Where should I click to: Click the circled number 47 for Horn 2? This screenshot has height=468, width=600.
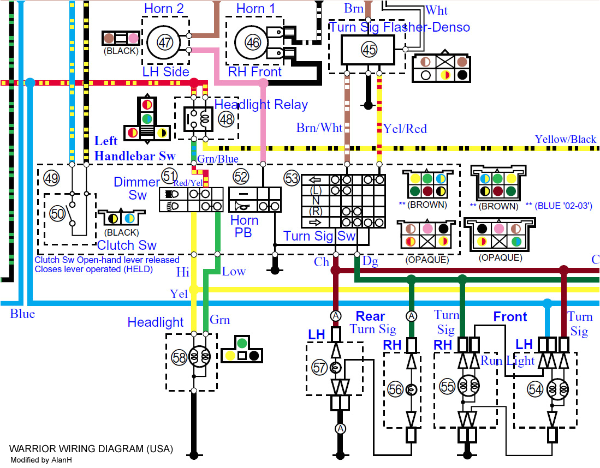(165, 42)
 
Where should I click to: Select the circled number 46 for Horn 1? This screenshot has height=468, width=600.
(252, 42)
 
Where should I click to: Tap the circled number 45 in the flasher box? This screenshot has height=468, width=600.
(369, 50)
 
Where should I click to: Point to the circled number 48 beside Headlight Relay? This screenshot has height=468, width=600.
(225, 118)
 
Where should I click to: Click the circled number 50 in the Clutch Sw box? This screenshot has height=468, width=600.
(57, 214)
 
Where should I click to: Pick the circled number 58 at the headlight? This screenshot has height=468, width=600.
(179, 357)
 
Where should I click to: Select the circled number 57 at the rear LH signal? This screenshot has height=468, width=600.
(320, 367)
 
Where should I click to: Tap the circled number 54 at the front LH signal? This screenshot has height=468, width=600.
(536, 388)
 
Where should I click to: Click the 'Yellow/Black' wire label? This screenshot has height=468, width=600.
(565, 139)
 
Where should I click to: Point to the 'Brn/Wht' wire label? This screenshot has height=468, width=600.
(319, 128)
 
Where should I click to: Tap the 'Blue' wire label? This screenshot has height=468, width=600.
(22, 314)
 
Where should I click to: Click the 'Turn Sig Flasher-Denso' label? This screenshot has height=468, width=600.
(400, 27)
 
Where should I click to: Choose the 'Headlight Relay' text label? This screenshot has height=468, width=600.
(261, 105)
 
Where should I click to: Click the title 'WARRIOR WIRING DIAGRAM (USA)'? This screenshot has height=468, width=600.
(91, 449)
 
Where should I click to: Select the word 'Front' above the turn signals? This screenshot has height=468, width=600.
(510, 316)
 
